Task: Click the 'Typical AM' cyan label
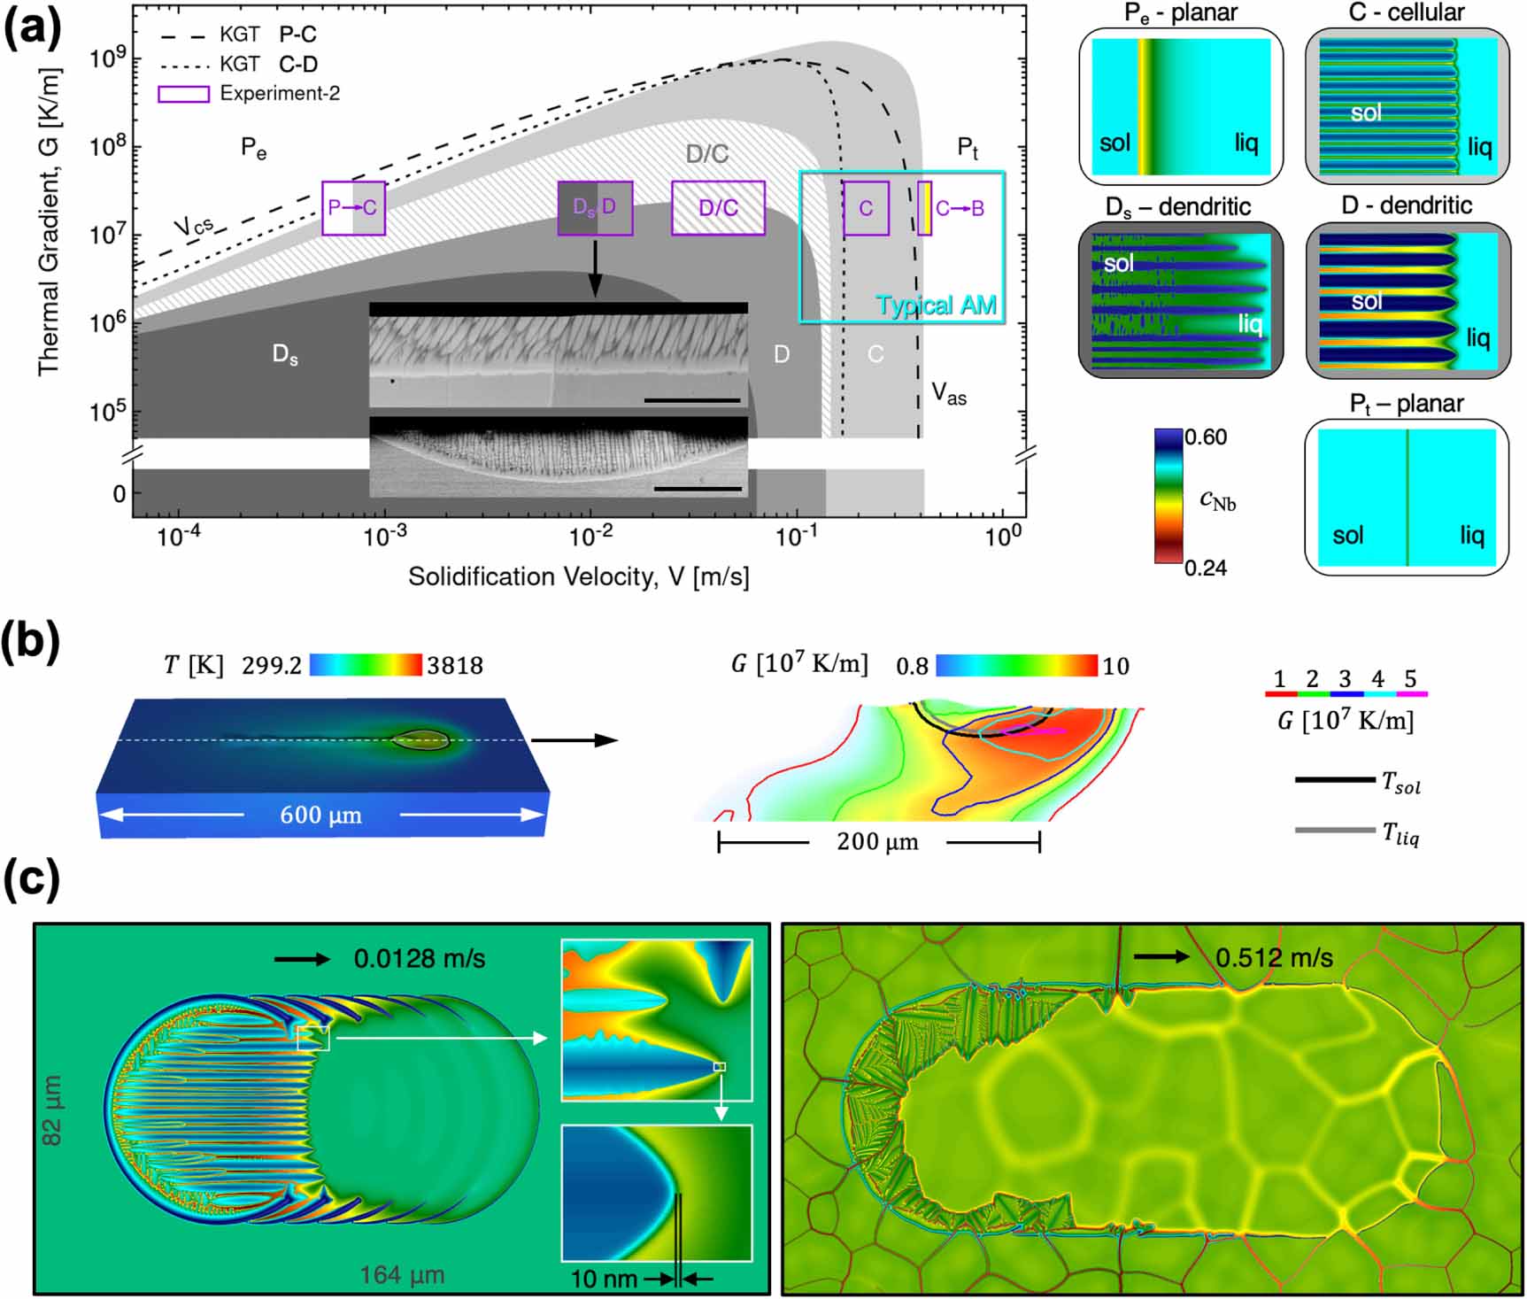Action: click(936, 305)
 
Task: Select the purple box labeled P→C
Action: click(353, 208)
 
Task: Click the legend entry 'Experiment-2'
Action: click(280, 93)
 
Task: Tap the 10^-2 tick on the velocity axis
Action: click(590, 537)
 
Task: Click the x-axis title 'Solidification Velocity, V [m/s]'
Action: click(578, 577)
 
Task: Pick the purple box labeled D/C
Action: click(718, 208)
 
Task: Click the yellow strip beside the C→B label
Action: click(925, 208)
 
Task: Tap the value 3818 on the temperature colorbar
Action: click(455, 666)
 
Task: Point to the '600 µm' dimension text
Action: click(320, 816)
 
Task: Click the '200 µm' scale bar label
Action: click(877, 841)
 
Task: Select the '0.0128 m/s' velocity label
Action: click(420, 958)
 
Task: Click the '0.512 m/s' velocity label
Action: click(1274, 957)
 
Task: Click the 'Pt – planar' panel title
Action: click(1406, 404)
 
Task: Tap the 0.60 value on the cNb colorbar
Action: click(1206, 437)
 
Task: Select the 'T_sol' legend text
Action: click(1401, 783)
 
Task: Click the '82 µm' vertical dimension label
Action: click(52, 1110)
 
